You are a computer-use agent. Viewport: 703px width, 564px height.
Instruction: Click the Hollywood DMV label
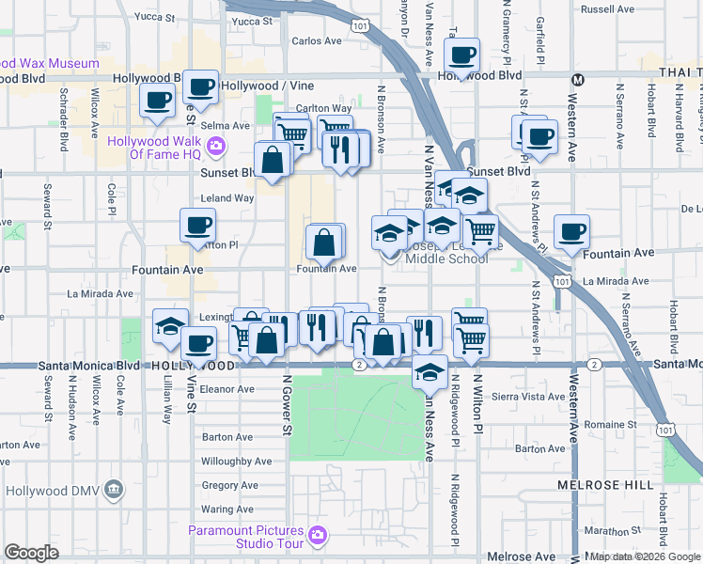[x=51, y=490]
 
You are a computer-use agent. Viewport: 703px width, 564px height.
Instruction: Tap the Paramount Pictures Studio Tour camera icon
[x=318, y=535]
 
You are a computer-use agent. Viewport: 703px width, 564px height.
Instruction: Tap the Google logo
[x=31, y=553]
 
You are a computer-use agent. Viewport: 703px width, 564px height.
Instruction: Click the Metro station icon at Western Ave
[x=578, y=79]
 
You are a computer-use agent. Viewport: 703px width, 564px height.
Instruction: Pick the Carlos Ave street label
[x=317, y=40]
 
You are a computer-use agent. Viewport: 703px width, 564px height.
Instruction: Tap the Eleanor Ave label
[x=227, y=388]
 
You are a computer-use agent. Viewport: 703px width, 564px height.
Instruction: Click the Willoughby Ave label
[x=236, y=462]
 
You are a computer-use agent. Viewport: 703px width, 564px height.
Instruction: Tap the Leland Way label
[x=228, y=198]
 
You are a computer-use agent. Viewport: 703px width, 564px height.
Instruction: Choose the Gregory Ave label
[x=229, y=485]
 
